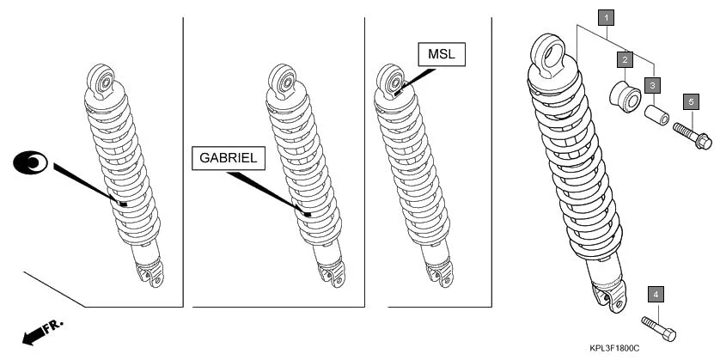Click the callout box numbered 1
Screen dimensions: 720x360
pyautogui.click(x=607, y=18)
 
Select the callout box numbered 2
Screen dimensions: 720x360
pyautogui.click(x=625, y=58)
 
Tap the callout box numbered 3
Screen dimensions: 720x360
pyautogui.click(x=652, y=85)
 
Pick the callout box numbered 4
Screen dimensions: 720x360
pyautogui.click(x=656, y=295)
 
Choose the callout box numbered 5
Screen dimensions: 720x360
pyautogui.click(x=691, y=101)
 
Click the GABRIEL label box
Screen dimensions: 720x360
pyautogui.click(x=229, y=158)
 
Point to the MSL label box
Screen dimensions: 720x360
pyautogui.click(x=442, y=54)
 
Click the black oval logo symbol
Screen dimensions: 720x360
pyautogui.click(x=30, y=162)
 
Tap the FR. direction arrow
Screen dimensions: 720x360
pyautogui.click(x=42, y=332)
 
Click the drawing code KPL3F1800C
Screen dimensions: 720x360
pyautogui.click(x=614, y=349)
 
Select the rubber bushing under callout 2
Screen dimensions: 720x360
pyautogui.click(x=625, y=96)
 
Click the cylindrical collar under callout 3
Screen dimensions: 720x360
pyautogui.click(x=656, y=115)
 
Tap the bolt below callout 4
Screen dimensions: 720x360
pyautogui.click(x=658, y=328)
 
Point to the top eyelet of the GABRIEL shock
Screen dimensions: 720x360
pyautogui.click(x=283, y=82)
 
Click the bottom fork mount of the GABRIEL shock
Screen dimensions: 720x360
pyautogui.click(x=332, y=273)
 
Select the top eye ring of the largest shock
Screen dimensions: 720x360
pyautogui.click(x=548, y=55)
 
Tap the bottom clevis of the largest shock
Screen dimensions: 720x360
pyautogui.click(x=610, y=296)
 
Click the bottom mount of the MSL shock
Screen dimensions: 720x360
pyautogui.click(x=440, y=273)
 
